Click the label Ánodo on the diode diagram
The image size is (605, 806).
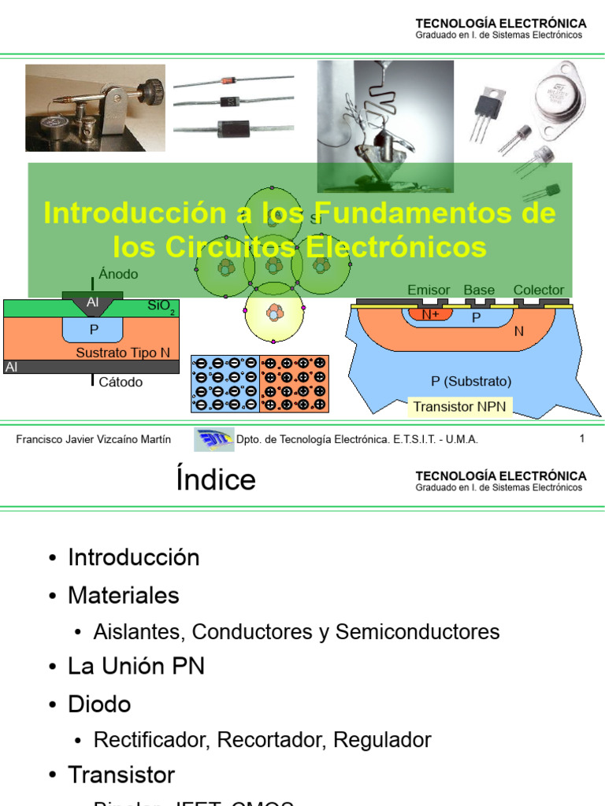(118, 275)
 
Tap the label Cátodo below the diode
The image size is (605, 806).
(121, 383)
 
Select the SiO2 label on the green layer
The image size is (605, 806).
(161, 306)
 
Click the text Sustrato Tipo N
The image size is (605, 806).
(123, 353)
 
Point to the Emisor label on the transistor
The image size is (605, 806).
(429, 290)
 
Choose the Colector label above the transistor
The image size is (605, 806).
(539, 290)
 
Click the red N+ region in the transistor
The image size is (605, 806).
(430, 315)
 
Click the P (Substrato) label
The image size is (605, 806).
(471, 382)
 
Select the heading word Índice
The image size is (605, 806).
(216, 479)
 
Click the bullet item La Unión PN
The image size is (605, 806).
(136, 667)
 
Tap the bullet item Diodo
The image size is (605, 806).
(99, 704)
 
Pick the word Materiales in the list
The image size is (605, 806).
(124, 596)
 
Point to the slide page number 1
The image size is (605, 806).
(582, 439)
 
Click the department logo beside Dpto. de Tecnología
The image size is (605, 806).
(213, 438)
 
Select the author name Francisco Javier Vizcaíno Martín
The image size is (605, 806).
(93, 439)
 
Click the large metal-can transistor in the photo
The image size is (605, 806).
(559, 97)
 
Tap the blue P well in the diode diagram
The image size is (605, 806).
(94, 329)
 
